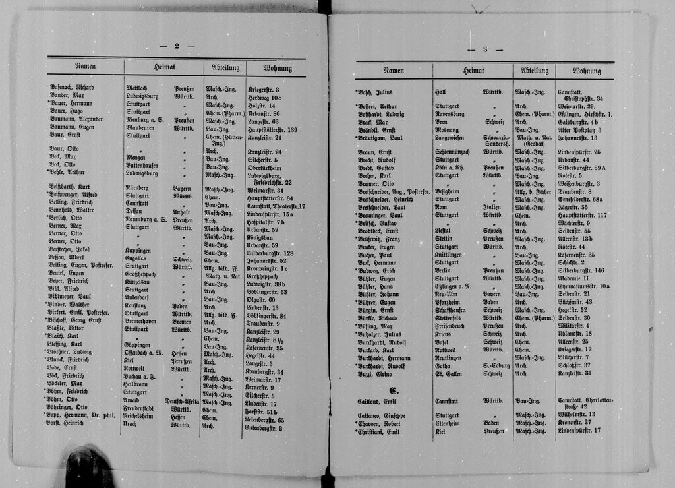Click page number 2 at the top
[x=177, y=46]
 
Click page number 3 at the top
[x=484, y=50]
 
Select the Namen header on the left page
[x=85, y=67]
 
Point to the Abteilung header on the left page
[x=225, y=67]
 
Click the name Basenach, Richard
[x=72, y=88]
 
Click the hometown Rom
[x=440, y=207]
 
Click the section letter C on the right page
[x=394, y=390]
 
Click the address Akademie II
[x=576, y=278]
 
